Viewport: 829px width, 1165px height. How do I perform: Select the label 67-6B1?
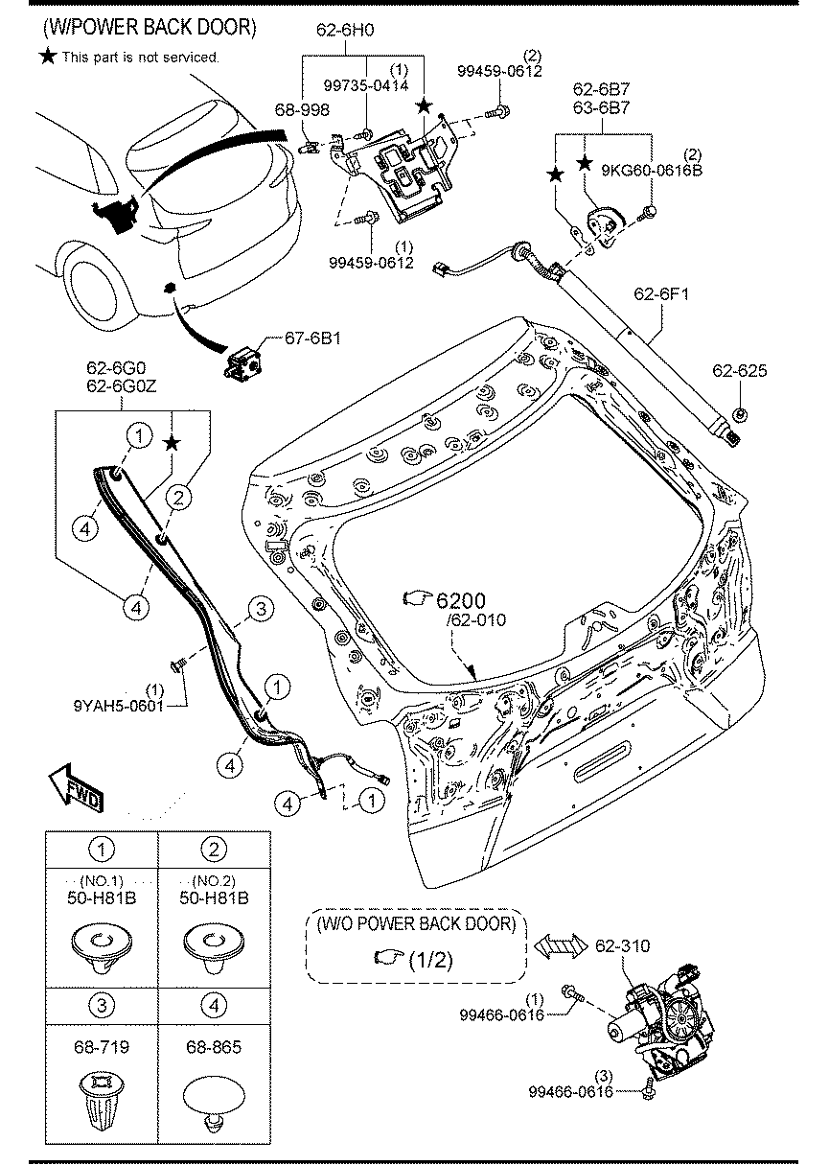(x=312, y=338)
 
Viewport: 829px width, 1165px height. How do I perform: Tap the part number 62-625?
(x=739, y=370)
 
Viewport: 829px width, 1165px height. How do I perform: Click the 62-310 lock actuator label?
(x=622, y=946)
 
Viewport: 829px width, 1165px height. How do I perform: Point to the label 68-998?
(x=303, y=110)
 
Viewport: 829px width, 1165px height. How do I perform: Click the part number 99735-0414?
(x=367, y=85)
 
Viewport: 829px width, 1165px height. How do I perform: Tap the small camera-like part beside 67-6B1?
(x=244, y=362)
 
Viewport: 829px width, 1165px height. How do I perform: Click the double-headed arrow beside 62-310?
(x=560, y=948)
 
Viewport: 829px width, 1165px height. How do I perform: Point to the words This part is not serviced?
(x=140, y=58)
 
